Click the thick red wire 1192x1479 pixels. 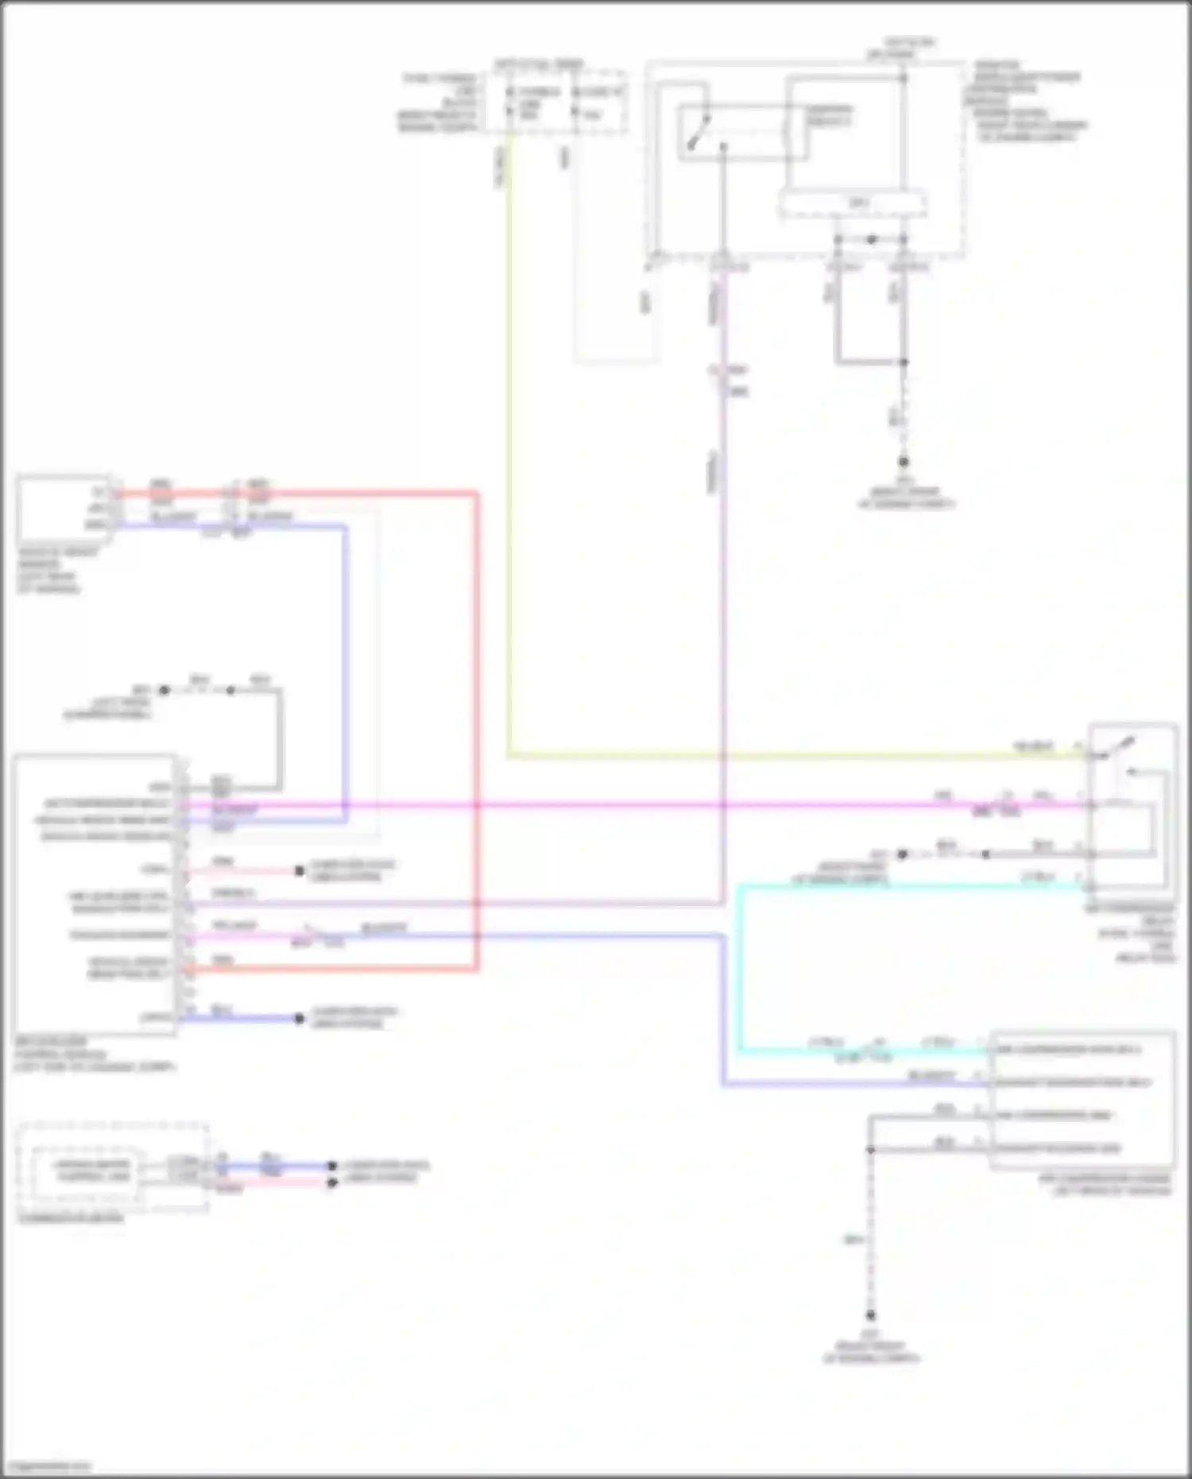(477, 715)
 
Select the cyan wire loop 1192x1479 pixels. (740, 970)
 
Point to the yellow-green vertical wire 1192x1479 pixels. (509, 477)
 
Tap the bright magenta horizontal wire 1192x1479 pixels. (636, 805)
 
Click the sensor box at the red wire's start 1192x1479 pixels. (64, 509)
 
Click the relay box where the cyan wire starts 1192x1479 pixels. (1132, 807)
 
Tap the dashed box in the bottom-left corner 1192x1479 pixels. (111, 1167)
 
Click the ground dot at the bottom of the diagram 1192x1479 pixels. (871, 1315)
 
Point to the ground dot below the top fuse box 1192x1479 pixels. (904, 461)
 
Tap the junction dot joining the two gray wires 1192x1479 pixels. (904, 362)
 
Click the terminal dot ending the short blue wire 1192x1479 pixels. (300, 1018)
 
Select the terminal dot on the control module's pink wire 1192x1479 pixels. (300, 871)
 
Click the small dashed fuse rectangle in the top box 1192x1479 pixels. (852, 204)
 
